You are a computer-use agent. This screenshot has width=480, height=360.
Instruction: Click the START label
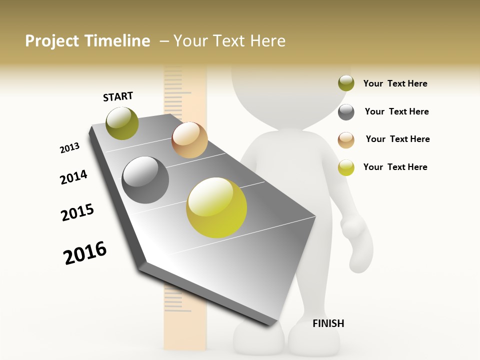pyautogui.click(x=118, y=96)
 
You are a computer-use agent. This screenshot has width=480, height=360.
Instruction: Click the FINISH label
pyautogui.click(x=328, y=323)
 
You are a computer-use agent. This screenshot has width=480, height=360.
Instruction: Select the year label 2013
pyautogui.click(x=69, y=148)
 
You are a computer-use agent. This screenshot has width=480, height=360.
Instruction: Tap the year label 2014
pyautogui.click(x=73, y=177)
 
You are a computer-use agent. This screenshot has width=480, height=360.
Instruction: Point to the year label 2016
pyautogui.click(x=85, y=253)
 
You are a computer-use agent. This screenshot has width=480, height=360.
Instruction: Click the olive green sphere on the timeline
pyautogui.click(x=122, y=123)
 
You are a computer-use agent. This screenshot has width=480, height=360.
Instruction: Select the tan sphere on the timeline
pyautogui.click(x=189, y=140)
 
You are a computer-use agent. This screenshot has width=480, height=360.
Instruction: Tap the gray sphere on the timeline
pyautogui.click(x=145, y=180)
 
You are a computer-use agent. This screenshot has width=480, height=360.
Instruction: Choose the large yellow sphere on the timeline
pyautogui.click(x=216, y=207)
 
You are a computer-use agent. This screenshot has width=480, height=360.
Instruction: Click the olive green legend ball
pyautogui.click(x=346, y=83)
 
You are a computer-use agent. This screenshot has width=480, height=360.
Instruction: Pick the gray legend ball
pyautogui.click(x=346, y=112)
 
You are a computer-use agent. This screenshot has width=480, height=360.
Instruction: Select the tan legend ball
pyautogui.click(x=346, y=140)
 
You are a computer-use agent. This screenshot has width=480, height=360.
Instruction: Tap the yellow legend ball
pyautogui.click(x=346, y=167)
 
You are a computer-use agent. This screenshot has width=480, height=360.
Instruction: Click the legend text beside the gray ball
pyautogui.click(x=396, y=111)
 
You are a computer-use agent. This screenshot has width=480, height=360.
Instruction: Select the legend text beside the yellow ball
pyautogui.click(x=395, y=167)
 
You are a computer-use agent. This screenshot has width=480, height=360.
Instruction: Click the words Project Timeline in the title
pyautogui.click(x=87, y=41)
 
